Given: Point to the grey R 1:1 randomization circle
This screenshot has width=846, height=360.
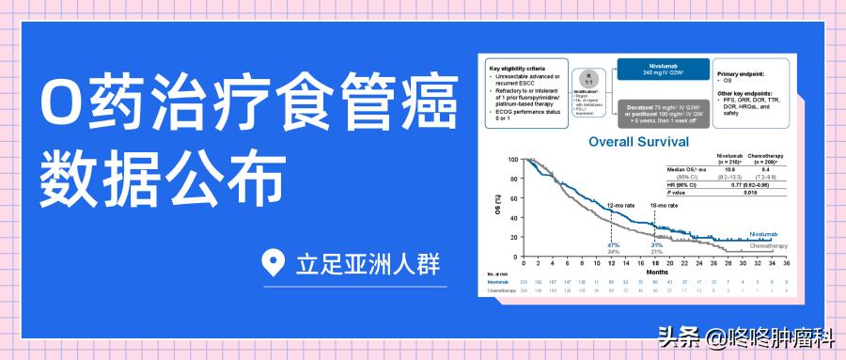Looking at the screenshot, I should pos(588,78).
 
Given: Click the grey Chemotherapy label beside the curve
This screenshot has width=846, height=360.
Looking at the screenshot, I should pos(768,245).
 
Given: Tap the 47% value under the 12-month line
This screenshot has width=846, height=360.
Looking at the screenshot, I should pos(613,245).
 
